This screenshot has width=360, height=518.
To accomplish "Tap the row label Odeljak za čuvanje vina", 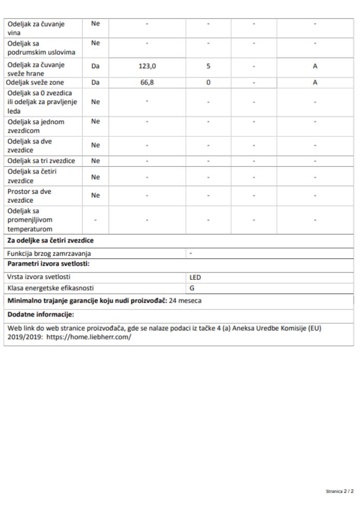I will click(x=36, y=27).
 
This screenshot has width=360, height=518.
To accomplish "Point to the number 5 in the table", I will click(x=208, y=67).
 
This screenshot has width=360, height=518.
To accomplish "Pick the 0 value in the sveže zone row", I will click(x=208, y=82).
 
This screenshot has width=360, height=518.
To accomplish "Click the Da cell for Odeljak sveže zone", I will click(x=95, y=82).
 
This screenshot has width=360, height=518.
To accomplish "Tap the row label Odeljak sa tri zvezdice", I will click(x=41, y=161).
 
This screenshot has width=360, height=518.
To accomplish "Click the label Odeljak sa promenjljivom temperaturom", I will click(x=34, y=220).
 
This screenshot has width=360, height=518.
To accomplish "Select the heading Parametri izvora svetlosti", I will click(x=49, y=265).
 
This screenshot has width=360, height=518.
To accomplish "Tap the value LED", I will click(x=196, y=278).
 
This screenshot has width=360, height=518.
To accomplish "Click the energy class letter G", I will click(x=192, y=288).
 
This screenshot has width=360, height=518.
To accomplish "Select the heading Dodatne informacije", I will click(x=39, y=314).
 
